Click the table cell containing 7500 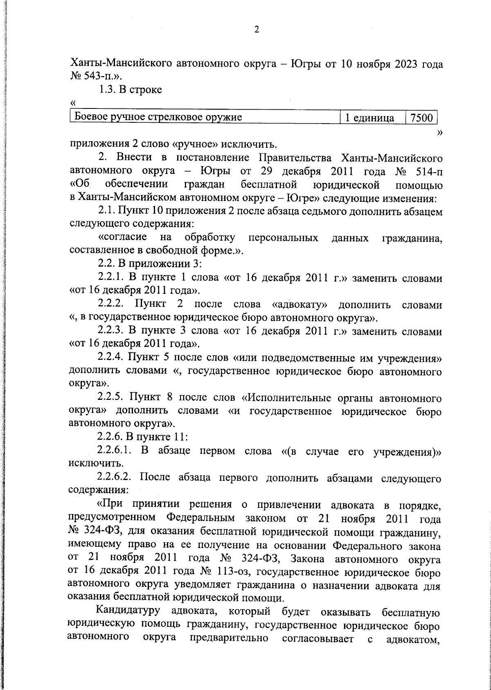421,118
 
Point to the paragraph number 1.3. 107,90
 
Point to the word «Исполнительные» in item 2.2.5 288,397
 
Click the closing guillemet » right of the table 440,132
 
